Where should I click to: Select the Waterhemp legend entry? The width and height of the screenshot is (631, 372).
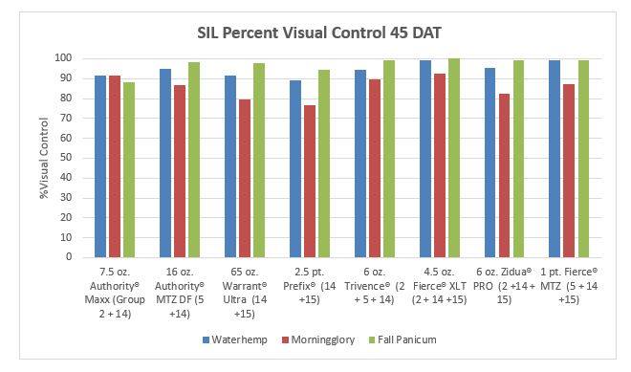[x=234, y=339]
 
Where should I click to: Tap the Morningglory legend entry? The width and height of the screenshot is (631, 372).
[x=318, y=339]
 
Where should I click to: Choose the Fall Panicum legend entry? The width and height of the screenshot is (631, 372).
[x=403, y=339]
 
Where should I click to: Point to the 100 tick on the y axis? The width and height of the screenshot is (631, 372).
[x=63, y=58]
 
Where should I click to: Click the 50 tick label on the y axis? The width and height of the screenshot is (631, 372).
[x=66, y=158]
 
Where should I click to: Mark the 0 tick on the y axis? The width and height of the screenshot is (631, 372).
[x=69, y=256]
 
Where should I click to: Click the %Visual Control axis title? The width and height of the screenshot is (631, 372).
[x=43, y=158]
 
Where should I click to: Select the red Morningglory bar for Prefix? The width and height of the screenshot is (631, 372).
[x=310, y=181]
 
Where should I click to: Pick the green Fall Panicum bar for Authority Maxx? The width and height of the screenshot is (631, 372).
[x=129, y=169]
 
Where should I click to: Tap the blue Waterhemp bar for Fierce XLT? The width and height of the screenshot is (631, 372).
[x=425, y=159]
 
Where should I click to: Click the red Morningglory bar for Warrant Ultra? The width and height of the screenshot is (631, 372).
[x=245, y=179]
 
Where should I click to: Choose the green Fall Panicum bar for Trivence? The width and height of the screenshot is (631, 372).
[x=389, y=159]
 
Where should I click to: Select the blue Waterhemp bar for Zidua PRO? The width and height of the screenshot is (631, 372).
[x=490, y=163]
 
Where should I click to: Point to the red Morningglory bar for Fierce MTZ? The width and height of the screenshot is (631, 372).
[x=569, y=171]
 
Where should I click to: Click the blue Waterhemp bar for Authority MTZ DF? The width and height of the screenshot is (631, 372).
[x=165, y=164]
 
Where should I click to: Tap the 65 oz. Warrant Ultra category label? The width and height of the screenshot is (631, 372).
[x=245, y=293]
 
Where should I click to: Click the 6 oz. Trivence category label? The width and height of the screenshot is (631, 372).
[x=374, y=286]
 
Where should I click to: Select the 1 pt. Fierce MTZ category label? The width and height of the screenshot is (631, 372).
[x=569, y=286]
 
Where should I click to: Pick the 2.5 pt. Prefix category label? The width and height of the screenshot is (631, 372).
[x=310, y=286]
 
